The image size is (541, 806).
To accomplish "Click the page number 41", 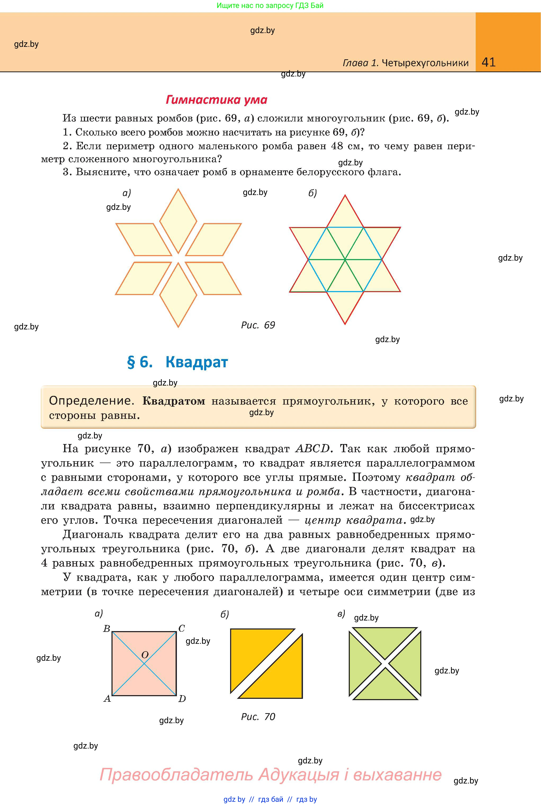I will (488, 62).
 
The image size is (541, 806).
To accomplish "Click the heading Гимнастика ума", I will (216, 100).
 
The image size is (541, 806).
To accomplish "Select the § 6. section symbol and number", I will (140, 362).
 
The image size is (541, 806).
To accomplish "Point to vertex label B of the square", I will (107, 629).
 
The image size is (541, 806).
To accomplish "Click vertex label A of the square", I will (107, 699).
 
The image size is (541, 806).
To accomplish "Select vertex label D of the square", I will (182, 699).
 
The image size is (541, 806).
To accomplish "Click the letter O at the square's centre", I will (145, 655).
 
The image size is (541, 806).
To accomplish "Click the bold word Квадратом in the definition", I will (173, 401).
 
